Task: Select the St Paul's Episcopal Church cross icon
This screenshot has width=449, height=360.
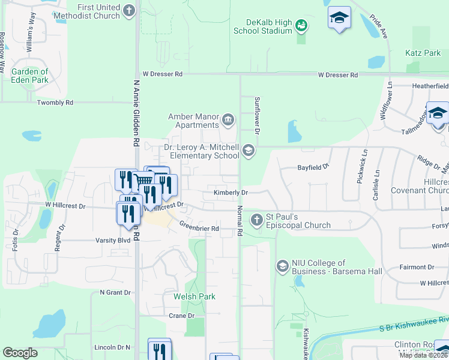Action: click(256, 220)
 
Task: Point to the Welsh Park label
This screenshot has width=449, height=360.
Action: click(194, 296)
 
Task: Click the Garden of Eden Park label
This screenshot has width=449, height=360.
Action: click(29, 76)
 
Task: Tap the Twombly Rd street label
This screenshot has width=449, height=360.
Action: click(55, 103)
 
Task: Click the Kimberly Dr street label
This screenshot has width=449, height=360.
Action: click(231, 193)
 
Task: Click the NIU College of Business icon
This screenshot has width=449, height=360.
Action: click(282, 265)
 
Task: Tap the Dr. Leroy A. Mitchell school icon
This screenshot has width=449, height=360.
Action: click(249, 150)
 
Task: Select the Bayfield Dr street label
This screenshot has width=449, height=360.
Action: click(314, 166)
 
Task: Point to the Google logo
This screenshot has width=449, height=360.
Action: click(20, 353)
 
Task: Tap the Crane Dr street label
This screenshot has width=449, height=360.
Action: click(181, 316)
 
